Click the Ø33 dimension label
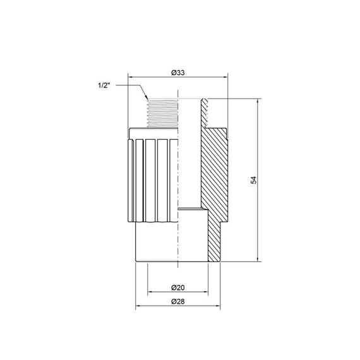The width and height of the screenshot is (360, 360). (178, 73)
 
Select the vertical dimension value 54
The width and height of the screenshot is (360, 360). (253, 180)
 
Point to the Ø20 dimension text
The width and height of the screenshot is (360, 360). (178, 288)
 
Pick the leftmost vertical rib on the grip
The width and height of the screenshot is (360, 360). (132, 180)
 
